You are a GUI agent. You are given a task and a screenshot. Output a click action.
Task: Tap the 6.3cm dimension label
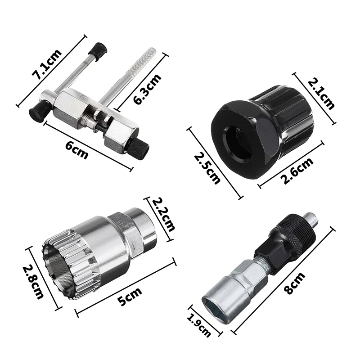pos(147,89)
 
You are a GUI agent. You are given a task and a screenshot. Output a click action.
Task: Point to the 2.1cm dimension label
pos(321,94)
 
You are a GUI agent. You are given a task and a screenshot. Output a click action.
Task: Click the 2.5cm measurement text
pos(207,169)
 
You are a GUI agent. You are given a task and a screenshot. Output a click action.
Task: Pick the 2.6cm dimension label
pos(298,171)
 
